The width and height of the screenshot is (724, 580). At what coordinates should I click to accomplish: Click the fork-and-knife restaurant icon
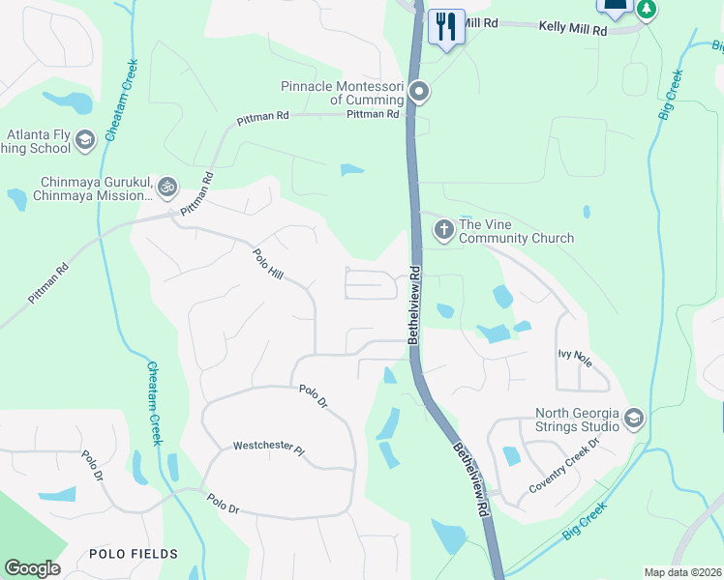[x=445, y=25]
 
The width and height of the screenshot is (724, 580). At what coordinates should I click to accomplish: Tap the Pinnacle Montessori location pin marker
[x=419, y=93]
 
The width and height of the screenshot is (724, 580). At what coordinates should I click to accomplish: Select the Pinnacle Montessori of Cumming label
[x=342, y=93]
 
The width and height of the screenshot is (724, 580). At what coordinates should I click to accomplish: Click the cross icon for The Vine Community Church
[x=443, y=230]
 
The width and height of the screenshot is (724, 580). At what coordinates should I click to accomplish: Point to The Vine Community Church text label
[x=516, y=231]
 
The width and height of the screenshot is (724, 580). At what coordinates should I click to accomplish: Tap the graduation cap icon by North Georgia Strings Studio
[x=634, y=419]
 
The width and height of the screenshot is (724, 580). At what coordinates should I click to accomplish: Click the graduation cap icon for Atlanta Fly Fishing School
[x=84, y=142]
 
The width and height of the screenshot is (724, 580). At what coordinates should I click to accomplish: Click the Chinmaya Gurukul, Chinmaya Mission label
[x=96, y=188]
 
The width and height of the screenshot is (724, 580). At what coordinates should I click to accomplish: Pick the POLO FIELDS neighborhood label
[x=134, y=554]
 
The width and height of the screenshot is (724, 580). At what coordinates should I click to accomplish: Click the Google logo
[x=32, y=568]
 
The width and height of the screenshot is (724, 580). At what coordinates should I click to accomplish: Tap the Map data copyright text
[x=681, y=572]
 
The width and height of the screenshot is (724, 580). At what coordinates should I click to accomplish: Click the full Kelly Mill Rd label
[x=573, y=31]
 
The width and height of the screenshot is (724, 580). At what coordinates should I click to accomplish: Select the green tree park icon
[x=646, y=9]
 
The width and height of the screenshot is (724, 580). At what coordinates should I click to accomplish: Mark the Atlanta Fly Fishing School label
[x=39, y=142]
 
